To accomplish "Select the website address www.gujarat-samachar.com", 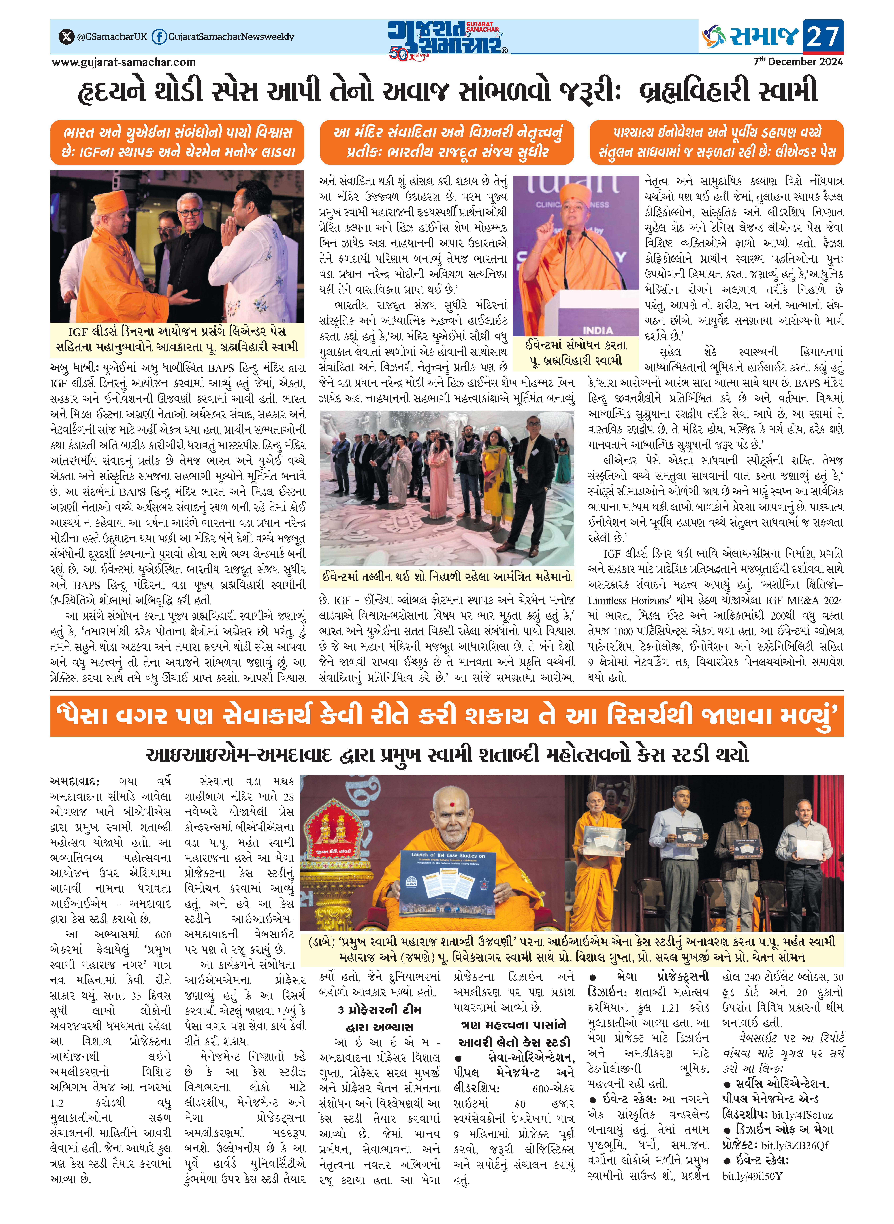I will [x=123, y=62].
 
